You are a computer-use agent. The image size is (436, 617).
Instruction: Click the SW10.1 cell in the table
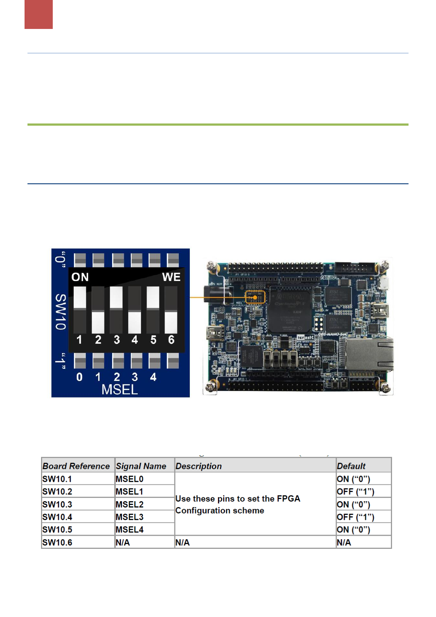click(x=57, y=479)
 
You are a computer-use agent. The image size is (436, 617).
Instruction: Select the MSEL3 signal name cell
click(x=129, y=517)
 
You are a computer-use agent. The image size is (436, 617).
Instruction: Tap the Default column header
click(x=351, y=466)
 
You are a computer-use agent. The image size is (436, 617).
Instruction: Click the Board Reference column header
click(x=76, y=466)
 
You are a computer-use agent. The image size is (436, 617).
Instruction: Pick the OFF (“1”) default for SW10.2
click(x=355, y=492)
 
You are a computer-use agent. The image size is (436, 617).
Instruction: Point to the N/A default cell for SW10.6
click(x=344, y=543)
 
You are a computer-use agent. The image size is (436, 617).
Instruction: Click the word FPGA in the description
click(x=288, y=499)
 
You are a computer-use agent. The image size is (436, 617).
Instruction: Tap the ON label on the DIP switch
click(x=80, y=277)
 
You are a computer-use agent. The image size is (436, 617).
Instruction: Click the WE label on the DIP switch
click(x=171, y=277)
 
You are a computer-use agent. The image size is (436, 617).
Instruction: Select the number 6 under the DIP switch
click(x=171, y=340)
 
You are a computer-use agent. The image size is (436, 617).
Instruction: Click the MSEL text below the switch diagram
click(x=120, y=390)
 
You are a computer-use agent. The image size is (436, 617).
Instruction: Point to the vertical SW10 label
click(x=61, y=312)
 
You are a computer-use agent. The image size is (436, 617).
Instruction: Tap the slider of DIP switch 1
click(x=80, y=297)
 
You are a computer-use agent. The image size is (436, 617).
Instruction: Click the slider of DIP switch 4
click(x=135, y=322)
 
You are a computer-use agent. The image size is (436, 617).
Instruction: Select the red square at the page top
click(x=38, y=14)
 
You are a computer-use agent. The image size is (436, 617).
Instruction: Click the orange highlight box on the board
click(x=255, y=297)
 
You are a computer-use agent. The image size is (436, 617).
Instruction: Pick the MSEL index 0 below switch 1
click(x=80, y=377)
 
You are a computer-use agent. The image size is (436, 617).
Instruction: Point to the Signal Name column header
click(x=141, y=466)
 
